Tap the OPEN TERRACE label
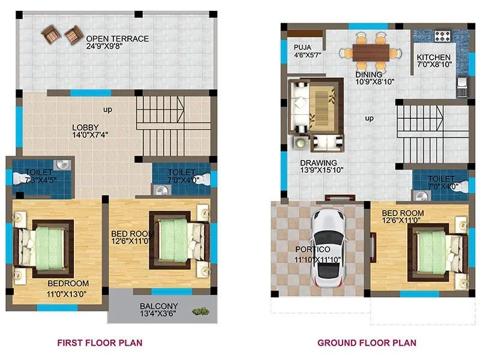pos(118,39)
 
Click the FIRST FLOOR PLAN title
pos(100,343)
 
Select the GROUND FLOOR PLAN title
pos(367,343)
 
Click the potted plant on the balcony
pos(200,311)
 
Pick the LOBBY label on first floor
pos(86,127)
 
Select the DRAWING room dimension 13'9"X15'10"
pos(319,172)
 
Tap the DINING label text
pos(368,74)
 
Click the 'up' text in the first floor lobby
pos(108,110)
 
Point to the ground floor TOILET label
pos(442,179)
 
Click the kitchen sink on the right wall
pos(462,88)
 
